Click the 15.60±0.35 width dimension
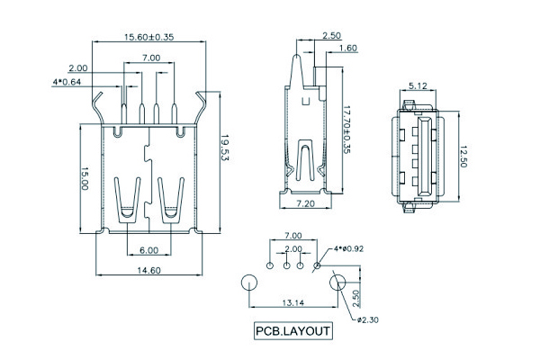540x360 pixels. coord(148,37)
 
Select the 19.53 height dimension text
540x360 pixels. coord(225,146)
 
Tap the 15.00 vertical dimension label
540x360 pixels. coord(85,177)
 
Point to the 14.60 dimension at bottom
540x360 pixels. coord(148,270)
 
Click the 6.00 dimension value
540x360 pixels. coord(148,250)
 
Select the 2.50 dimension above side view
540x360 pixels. coord(331,36)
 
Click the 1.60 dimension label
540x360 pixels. coord(348,48)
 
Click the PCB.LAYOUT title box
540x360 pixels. coord(293,330)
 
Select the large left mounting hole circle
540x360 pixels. coord(248,283)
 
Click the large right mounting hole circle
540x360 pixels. coord(338,283)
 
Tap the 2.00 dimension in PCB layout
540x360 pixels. coord(293,248)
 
